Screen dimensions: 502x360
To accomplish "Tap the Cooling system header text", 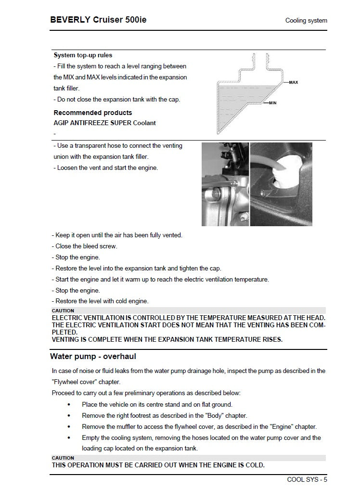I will point(306,21).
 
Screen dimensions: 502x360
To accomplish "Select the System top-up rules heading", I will point(83,55).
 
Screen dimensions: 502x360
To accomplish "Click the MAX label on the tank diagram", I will point(293,82).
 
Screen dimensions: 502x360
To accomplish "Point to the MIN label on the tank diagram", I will point(272,103).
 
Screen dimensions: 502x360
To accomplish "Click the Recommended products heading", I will point(92,113).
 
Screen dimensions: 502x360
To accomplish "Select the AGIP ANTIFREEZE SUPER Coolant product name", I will point(104,123).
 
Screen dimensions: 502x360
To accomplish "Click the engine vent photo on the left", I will point(225,184).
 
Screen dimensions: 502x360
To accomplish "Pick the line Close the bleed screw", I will point(85,246).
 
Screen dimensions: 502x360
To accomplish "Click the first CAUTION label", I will point(63,310).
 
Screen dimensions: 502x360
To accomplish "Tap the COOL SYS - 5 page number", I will point(307,479).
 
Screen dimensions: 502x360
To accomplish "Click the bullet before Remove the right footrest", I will point(69,415).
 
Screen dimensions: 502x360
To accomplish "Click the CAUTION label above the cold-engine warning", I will point(63,458).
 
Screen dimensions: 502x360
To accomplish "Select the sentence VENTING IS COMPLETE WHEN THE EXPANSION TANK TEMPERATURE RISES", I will point(167,339).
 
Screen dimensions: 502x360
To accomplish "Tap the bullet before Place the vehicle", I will point(69,404).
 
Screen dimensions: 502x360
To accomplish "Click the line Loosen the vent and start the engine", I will point(105,167).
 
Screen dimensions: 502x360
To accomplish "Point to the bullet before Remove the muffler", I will point(69,426).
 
